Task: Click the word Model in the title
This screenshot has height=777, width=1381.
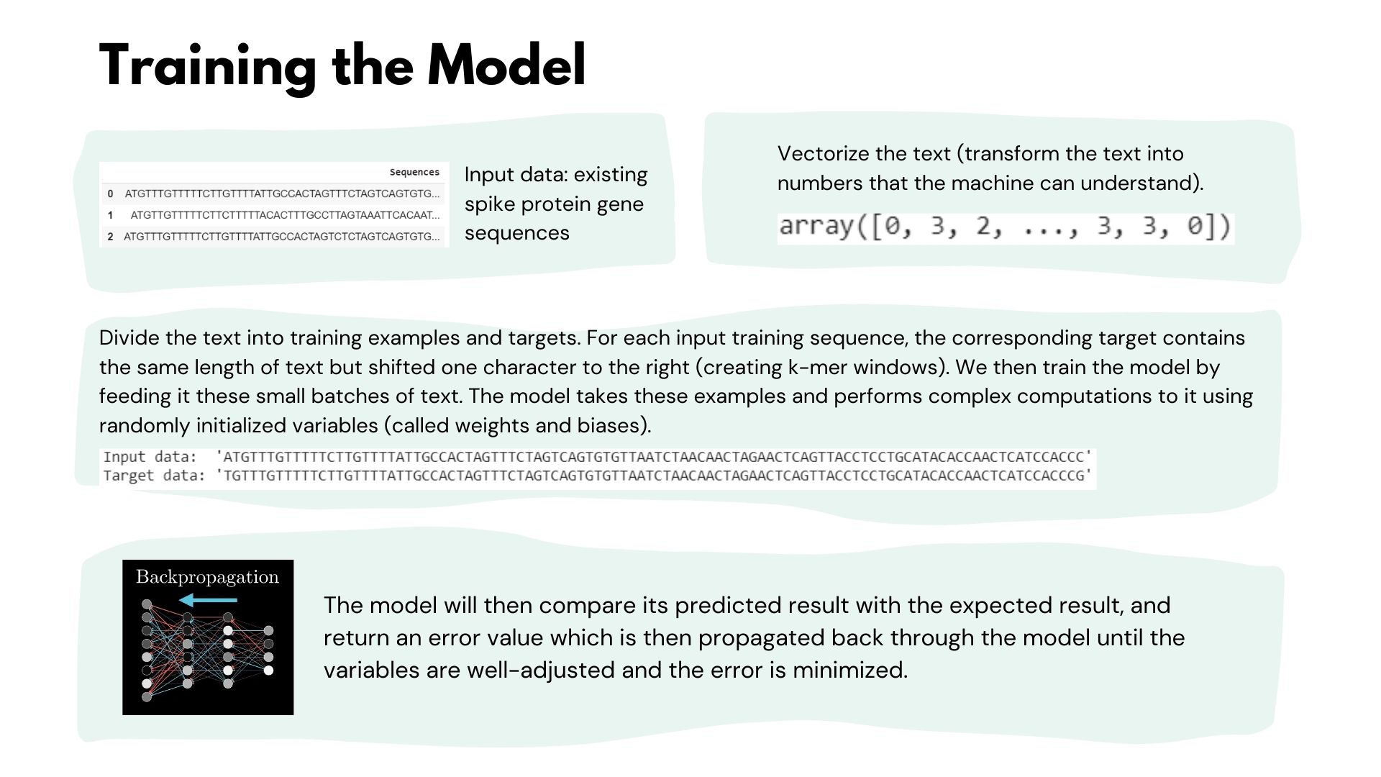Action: click(506, 65)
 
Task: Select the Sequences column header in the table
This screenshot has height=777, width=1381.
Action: click(414, 172)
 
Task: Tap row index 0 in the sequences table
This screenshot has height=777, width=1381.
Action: click(110, 194)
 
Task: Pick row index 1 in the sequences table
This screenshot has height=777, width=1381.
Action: click(110, 215)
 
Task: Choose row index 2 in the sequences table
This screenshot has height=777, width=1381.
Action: click(110, 237)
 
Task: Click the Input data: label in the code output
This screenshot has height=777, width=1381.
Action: click(150, 457)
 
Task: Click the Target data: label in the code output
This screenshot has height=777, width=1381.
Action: click(154, 476)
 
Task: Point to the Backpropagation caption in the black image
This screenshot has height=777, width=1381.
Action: click(207, 578)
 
